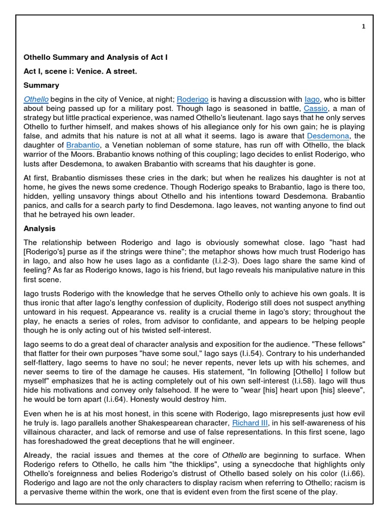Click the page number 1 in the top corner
point(363,27)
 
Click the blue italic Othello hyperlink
point(36,99)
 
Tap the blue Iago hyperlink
point(312,99)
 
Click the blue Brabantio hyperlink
point(83,145)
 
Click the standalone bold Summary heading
point(42,85)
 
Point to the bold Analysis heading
point(40,228)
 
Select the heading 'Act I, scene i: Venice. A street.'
point(80,71)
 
